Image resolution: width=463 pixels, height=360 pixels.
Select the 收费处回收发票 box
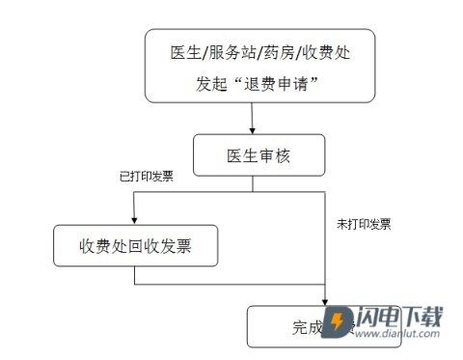tap(134, 246)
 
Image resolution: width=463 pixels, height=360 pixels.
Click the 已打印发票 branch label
tap(147, 178)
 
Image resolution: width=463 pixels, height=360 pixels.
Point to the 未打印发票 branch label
tap(363, 224)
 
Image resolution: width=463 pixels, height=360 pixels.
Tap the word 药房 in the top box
tap(275, 51)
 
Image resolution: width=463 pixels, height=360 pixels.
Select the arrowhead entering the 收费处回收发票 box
tap(134, 220)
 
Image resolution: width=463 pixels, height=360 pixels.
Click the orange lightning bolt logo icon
tap(340, 322)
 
